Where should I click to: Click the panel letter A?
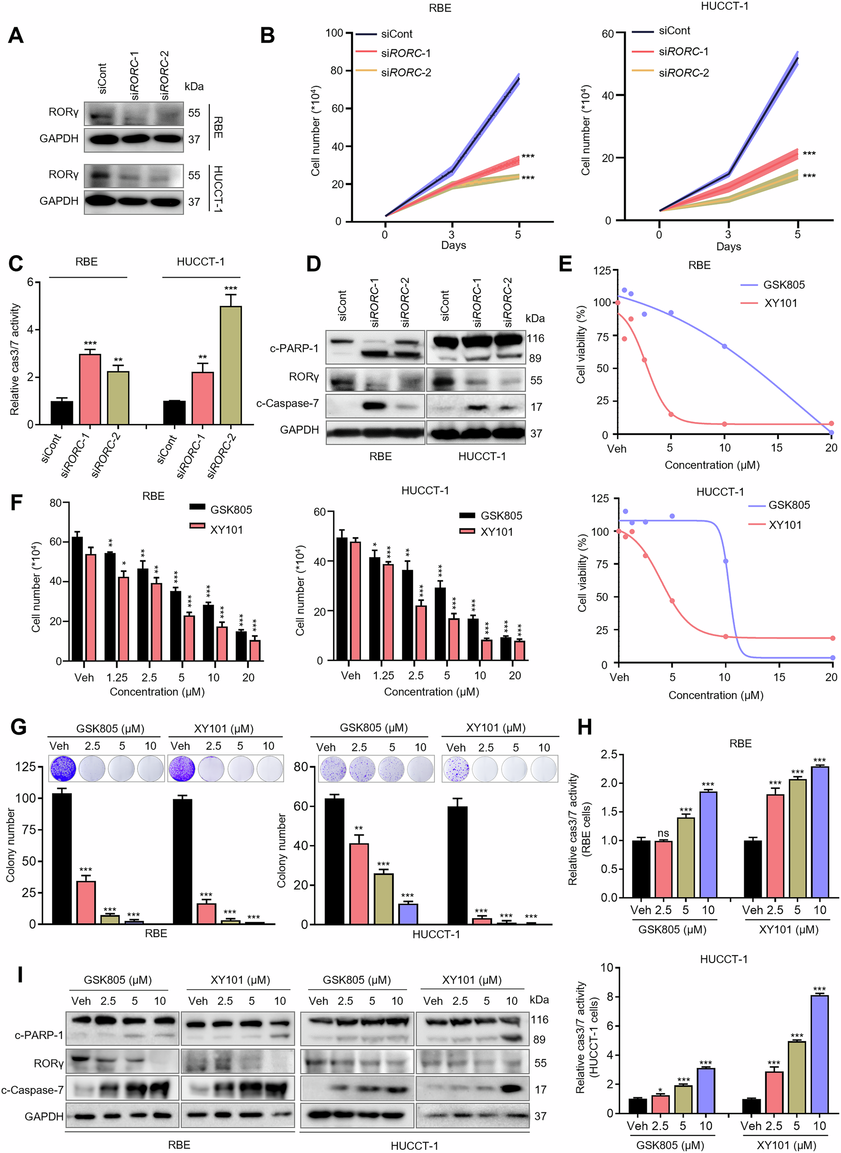(x=15, y=36)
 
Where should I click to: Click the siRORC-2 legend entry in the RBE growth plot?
(x=405, y=73)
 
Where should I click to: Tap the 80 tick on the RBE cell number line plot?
(x=336, y=71)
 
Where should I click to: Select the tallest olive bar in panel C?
(x=231, y=365)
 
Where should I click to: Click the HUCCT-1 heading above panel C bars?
(x=200, y=262)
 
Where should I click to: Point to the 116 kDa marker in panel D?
(x=535, y=338)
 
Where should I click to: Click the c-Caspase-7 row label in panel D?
(x=287, y=404)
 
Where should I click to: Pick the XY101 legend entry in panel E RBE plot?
(x=780, y=303)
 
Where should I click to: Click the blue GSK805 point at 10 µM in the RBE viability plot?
(x=724, y=346)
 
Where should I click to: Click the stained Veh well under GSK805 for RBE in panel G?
(x=63, y=768)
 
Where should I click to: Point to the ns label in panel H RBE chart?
(x=663, y=833)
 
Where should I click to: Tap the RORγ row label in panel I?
(x=48, y=1064)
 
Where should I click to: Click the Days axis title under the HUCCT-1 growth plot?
(x=728, y=246)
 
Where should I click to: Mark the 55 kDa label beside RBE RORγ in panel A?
(x=194, y=113)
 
